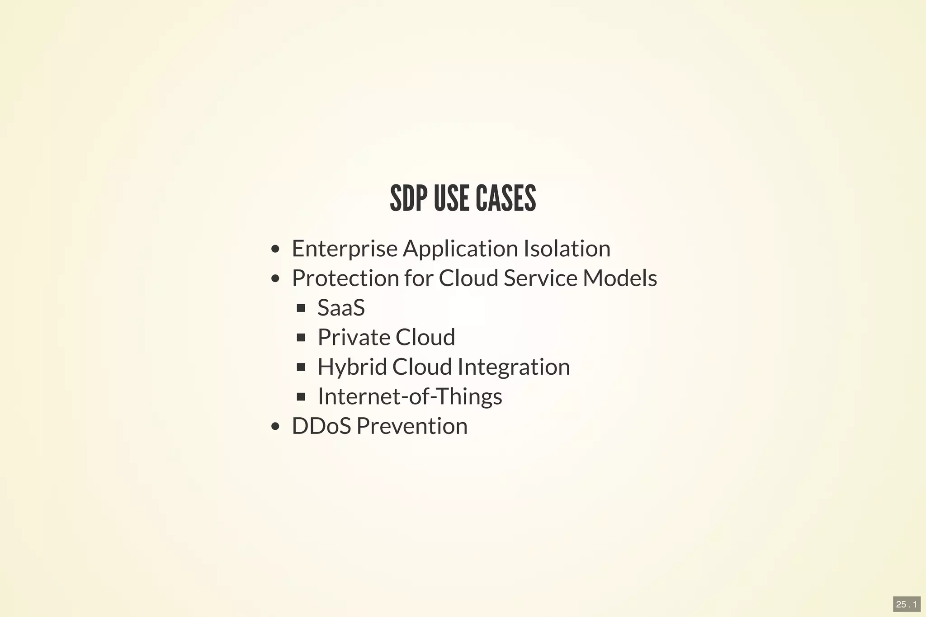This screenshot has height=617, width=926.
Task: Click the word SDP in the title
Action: click(408, 198)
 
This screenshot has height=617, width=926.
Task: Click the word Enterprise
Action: click(345, 249)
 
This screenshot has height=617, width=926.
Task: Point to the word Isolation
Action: click(567, 249)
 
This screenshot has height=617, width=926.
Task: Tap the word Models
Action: click(620, 278)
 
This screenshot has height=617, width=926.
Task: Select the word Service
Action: click(540, 278)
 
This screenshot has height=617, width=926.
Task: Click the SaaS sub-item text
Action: click(341, 308)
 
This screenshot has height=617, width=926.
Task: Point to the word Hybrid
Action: click(352, 367)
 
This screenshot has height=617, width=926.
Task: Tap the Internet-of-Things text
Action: click(410, 396)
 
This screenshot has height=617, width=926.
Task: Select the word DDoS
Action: click(321, 426)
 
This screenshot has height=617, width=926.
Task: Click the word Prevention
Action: click(412, 426)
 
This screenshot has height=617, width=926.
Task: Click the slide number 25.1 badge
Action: click(907, 604)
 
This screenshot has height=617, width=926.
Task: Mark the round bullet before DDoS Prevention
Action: click(275, 426)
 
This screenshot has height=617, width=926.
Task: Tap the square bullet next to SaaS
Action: click(301, 308)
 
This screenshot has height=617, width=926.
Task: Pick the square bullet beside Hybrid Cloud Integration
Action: click(301, 367)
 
